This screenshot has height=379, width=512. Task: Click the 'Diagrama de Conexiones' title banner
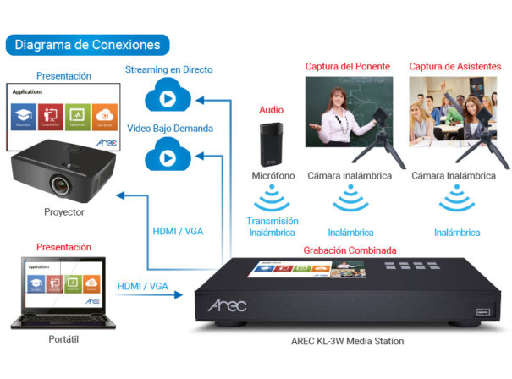[87, 44]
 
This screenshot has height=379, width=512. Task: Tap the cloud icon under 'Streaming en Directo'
[168, 96]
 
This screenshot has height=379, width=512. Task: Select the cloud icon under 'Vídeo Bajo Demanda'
[168, 156]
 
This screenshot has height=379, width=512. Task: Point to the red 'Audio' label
[272, 110]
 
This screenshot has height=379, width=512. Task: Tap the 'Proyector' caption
[63, 211]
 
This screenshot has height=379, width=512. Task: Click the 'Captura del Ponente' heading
[349, 66]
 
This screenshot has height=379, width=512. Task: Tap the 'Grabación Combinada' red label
[350, 250]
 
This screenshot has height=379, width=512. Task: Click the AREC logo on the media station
[227, 304]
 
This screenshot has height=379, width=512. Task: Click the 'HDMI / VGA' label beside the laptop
[142, 287]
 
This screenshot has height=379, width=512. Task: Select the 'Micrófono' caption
[273, 176]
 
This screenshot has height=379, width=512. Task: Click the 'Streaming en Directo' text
[168, 69]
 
